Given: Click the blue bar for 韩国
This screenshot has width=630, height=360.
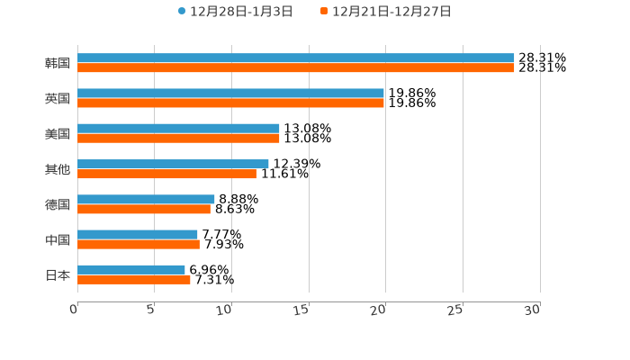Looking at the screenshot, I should click(296, 58).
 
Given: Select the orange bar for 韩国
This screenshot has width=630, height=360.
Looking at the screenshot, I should click(296, 67).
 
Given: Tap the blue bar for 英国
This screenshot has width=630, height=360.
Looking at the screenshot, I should click(230, 94).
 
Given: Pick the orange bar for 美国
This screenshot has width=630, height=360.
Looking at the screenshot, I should click(178, 139).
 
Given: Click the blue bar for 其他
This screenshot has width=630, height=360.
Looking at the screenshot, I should click(173, 164).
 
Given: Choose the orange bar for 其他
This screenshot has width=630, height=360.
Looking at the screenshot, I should click(166, 174).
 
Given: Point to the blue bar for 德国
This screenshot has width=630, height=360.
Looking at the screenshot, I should click(146, 199).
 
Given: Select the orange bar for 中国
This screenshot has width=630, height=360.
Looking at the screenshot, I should click(139, 244).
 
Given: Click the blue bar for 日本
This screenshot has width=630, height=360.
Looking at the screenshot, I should click(131, 269).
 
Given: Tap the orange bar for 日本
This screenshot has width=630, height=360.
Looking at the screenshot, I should click(134, 279).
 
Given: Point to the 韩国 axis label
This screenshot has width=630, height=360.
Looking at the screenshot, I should click(58, 63).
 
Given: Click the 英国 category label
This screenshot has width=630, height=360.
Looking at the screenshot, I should click(58, 98).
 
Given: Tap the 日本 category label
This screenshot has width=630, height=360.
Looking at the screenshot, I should click(58, 274).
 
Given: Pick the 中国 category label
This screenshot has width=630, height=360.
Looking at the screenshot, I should click(58, 239).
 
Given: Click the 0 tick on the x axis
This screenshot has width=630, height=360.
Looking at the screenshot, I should click(76, 310).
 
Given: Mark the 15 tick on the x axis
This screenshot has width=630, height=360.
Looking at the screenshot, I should click(303, 310).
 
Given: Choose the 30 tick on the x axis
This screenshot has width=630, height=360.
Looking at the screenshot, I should click(533, 310).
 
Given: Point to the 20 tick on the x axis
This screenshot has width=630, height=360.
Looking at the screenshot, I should click(380, 310).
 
